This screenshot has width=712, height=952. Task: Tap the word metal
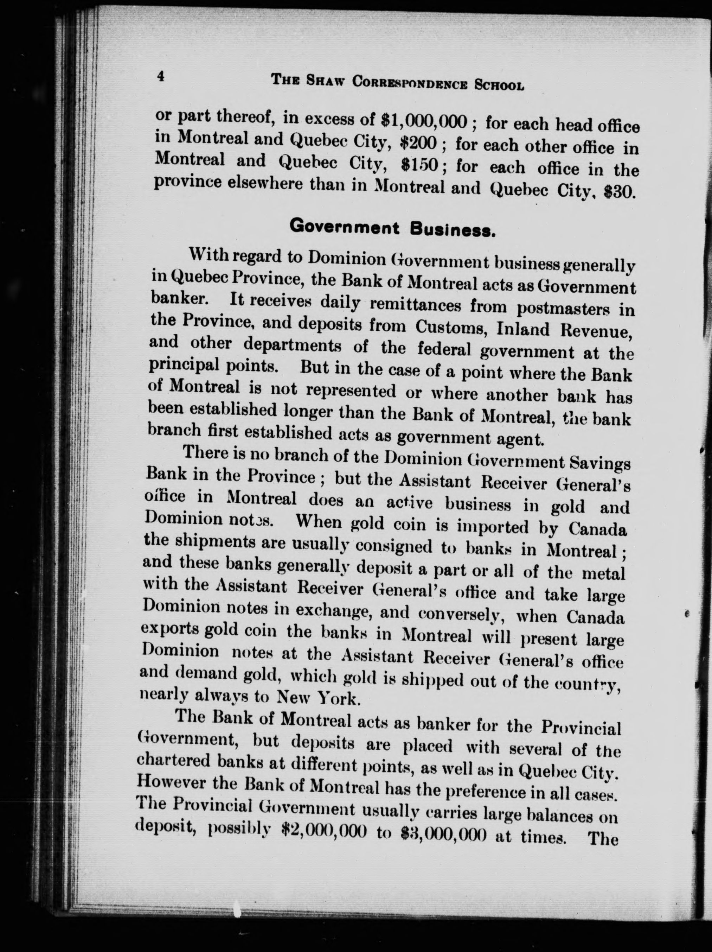[603, 575]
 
